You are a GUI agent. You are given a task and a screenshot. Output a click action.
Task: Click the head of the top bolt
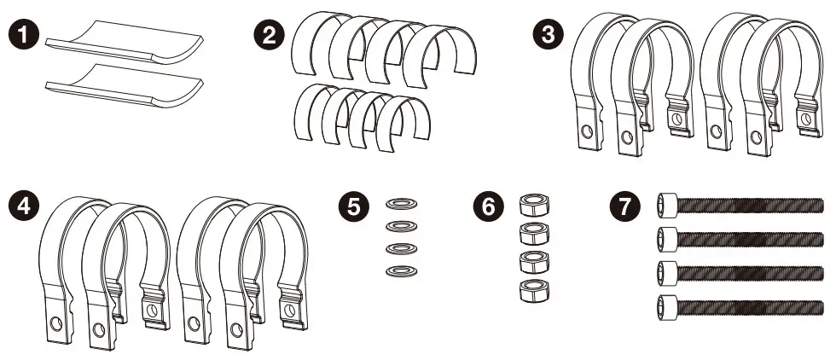[668, 206]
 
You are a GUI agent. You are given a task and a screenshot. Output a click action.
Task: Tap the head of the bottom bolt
[668, 304]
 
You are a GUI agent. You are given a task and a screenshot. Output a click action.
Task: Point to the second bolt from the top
[742, 238]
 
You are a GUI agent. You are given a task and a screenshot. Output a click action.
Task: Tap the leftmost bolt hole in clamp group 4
[55, 323]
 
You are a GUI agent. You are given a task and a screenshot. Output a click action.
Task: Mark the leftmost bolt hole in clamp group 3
[585, 132]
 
